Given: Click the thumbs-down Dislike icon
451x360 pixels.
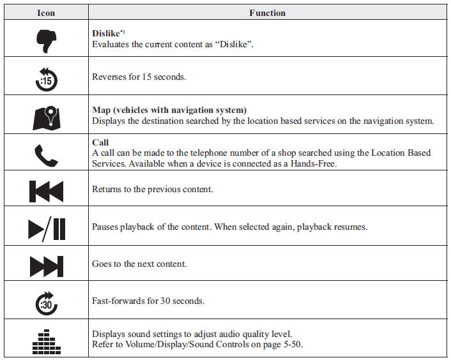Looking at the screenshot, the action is click(46, 41).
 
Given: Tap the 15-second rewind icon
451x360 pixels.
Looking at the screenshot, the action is click(46, 79).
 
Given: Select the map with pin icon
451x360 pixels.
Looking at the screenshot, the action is click(46, 118).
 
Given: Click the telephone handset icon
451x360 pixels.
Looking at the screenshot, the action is click(46, 156).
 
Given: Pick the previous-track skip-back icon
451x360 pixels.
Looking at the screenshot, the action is click(46, 191).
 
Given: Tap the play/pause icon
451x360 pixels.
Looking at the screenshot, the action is click(47, 229).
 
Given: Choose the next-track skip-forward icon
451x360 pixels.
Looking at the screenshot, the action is click(46, 266).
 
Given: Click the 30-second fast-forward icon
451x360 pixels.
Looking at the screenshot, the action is click(46, 303).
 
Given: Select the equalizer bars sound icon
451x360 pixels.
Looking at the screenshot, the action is click(46, 341).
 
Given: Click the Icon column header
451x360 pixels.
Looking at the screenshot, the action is click(46, 13).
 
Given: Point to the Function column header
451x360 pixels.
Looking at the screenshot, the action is click(267, 13).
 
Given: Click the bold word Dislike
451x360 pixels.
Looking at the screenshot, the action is click(106, 33).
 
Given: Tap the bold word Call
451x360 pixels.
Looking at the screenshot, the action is click(100, 142).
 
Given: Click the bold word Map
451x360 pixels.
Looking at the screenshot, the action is click(101, 110).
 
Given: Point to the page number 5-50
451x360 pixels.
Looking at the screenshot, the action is click(293, 344).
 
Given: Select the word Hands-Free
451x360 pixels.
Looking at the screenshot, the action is click(313, 164).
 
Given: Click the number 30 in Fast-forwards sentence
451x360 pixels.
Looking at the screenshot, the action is click(165, 301).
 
